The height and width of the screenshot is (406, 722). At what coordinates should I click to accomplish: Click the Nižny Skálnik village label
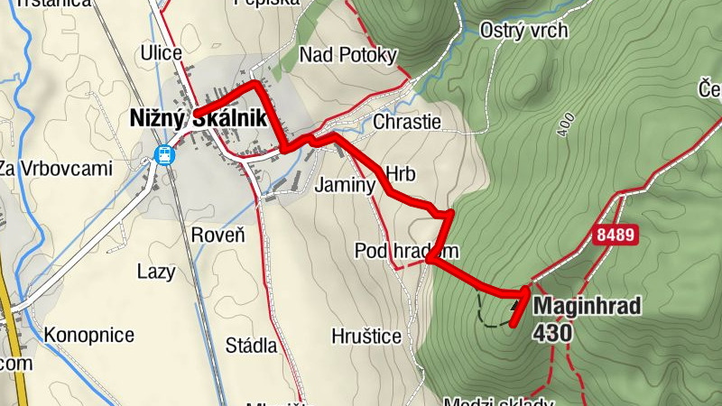click(x=196, y=117)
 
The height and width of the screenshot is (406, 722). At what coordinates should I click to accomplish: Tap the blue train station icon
click(x=164, y=154)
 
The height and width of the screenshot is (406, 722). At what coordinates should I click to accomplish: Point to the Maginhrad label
click(x=587, y=307)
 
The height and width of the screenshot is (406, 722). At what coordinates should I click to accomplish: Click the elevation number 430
click(x=552, y=332)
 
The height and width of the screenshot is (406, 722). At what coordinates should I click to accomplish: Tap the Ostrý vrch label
click(x=523, y=31)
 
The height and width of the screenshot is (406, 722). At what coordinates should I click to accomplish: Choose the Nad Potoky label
click(x=348, y=56)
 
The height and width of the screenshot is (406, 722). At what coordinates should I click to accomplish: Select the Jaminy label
click(x=344, y=186)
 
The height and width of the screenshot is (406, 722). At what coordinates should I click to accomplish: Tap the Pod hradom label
click(x=407, y=250)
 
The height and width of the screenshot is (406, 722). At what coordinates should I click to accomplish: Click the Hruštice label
click(x=365, y=336)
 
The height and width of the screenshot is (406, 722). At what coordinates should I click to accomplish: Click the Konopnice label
click(x=88, y=336)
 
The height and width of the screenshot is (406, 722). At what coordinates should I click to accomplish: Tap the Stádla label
click(x=251, y=345)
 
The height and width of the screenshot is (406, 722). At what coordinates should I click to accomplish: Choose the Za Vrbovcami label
click(x=54, y=169)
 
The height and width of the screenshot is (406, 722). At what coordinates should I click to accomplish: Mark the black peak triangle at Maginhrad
click(x=515, y=306)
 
